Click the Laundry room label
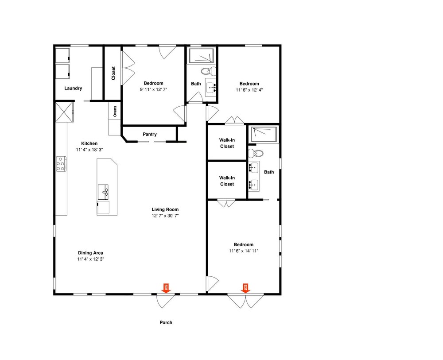(x=73, y=88)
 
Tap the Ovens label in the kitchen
(x=115, y=111)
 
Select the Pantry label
(x=149, y=134)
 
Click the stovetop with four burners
(x=61, y=164)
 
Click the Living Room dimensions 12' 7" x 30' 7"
(x=165, y=216)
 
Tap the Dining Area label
(x=90, y=253)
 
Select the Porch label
(x=166, y=322)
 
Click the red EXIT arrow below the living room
(x=166, y=288)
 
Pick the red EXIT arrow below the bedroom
(x=245, y=288)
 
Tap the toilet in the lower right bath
(x=256, y=154)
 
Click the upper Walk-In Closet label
(x=227, y=143)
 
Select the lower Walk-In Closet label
(x=227, y=181)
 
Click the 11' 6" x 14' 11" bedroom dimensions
(x=244, y=251)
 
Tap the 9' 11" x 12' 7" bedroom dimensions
(x=153, y=89)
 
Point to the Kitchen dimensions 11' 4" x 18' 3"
(x=89, y=150)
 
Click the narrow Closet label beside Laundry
(x=113, y=73)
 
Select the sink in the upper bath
(x=210, y=88)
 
